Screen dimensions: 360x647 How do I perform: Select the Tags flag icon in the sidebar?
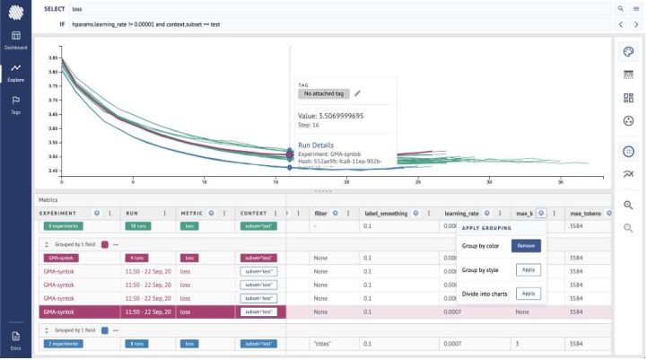[x=15, y=102]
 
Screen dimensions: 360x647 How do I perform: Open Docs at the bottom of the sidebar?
[x=15, y=338]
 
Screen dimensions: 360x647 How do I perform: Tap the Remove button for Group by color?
[x=527, y=245]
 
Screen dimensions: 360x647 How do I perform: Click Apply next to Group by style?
[x=529, y=269]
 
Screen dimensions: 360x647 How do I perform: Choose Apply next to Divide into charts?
[x=529, y=293]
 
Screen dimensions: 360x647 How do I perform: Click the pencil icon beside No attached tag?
[x=357, y=92]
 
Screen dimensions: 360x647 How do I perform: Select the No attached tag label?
[x=324, y=92]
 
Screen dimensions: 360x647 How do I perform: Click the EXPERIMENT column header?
[x=57, y=214]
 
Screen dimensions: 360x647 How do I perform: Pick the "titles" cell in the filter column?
[x=323, y=343]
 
